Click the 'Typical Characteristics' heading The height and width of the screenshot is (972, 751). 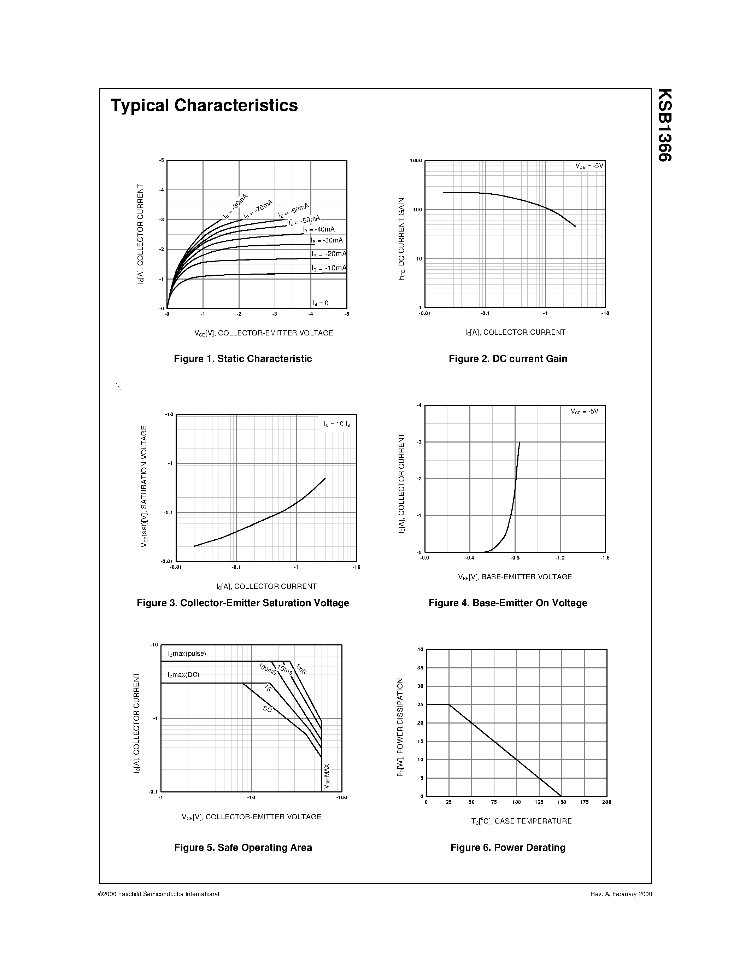(204, 105)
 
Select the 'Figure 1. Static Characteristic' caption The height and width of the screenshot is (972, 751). (242, 359)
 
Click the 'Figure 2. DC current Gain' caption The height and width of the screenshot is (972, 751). (507, 359)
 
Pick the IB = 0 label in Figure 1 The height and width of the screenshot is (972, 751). (320, 303)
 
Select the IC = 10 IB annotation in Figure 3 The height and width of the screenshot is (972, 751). (337, 424)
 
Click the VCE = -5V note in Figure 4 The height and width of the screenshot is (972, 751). (584, 412)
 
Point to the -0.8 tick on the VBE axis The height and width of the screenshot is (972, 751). (515, 558)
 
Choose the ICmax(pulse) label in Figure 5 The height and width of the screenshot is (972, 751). (187, 654)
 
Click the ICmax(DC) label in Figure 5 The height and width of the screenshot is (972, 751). (183, 675)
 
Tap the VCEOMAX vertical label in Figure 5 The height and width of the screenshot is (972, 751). (327, 777)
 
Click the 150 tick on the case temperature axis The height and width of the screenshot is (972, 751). (562, 802)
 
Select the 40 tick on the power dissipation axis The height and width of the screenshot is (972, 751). (420, 649)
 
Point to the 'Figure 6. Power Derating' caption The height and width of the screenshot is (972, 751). (507, 847)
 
